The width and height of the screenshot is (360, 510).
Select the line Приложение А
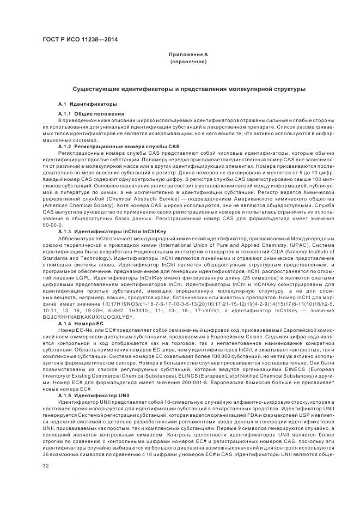[x=188, y=55]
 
